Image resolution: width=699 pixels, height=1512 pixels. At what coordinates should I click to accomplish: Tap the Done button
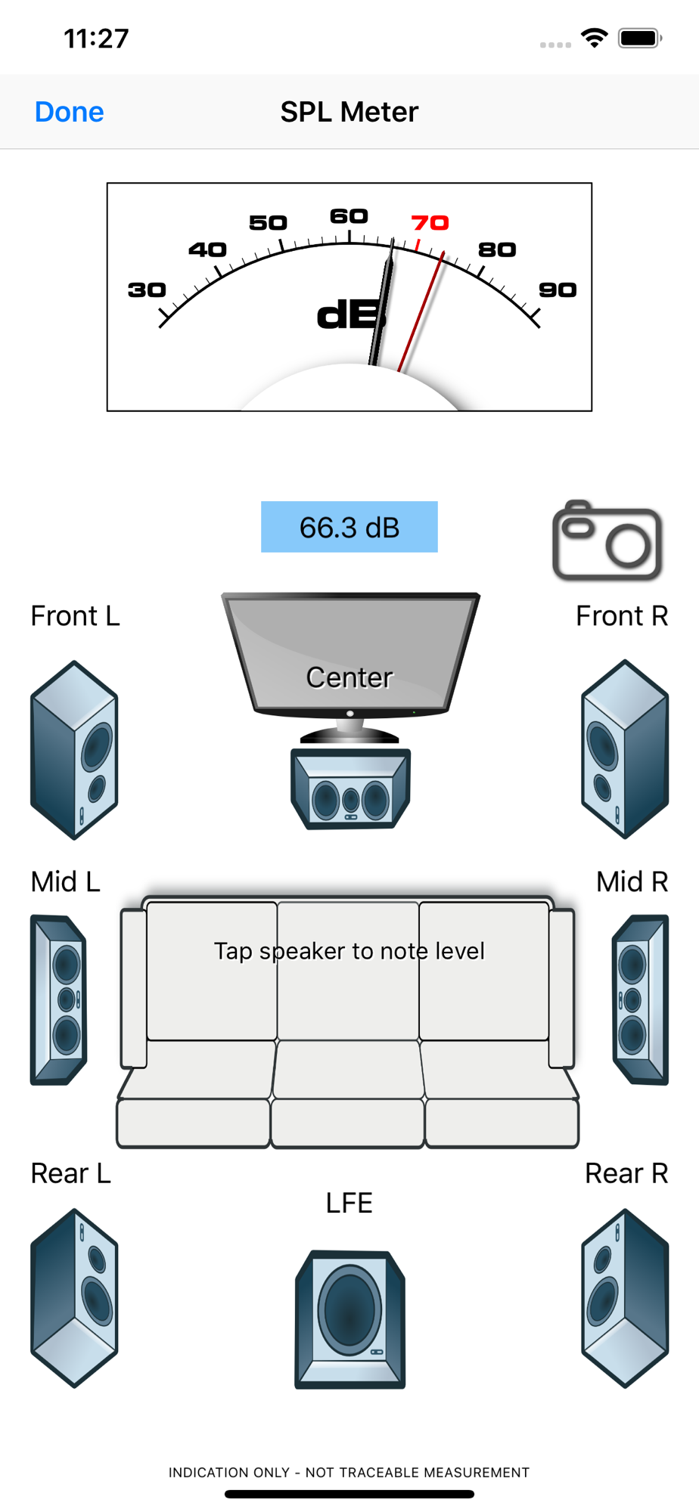[70, 112]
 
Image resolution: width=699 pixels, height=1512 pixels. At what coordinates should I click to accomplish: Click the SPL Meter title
[349, 112]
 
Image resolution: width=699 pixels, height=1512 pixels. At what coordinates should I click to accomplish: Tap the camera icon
[607, 541]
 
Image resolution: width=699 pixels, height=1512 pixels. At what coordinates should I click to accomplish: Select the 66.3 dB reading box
[349, 527]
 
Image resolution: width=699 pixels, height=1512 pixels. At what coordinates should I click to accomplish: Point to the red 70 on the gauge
[430, 223]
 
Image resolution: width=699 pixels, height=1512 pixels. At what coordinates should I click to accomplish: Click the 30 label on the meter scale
[147, 290]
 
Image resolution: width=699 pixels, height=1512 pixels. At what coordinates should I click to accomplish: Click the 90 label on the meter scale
[558, 290]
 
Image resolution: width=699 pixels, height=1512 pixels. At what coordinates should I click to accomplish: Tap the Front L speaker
[74, 750]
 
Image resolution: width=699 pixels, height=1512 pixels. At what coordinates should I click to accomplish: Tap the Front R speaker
[625, 749]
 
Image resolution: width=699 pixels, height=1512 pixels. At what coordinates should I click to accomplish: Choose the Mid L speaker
[59, 999]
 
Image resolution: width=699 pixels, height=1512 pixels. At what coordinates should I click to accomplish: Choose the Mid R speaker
[640, 999]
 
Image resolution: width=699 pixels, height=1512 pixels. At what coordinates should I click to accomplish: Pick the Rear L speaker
[74, 1297]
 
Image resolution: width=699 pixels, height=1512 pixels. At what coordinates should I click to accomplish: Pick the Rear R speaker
[625, 1297]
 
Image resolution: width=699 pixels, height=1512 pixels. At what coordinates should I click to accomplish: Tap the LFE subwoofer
[350, 1318]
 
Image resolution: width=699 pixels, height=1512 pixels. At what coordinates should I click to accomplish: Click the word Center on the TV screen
[349, 677]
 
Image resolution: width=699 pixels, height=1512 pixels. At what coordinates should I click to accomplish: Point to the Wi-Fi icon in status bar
[595, 38]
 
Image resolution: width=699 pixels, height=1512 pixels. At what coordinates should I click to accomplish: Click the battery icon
[640, 38]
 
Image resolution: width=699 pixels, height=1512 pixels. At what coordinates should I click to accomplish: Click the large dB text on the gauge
[350, 314]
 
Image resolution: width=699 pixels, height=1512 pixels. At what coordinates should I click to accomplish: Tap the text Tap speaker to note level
[349, 950]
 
